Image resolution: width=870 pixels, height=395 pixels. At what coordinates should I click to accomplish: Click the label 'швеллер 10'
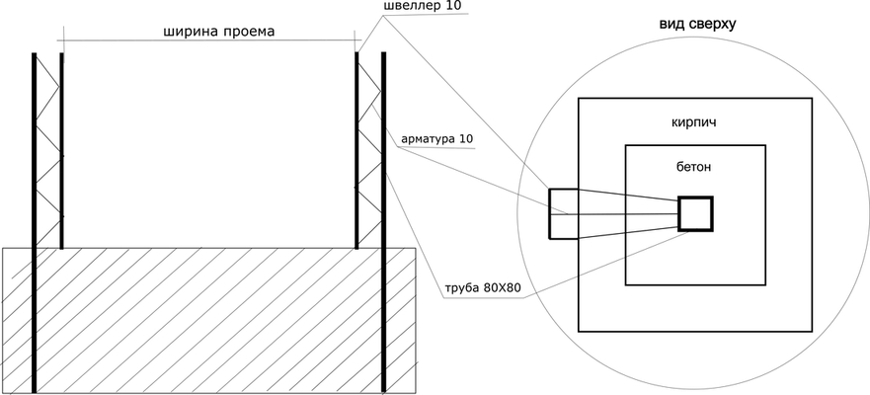click(423, 6)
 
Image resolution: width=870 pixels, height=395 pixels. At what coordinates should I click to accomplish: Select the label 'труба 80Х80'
click(482, 288)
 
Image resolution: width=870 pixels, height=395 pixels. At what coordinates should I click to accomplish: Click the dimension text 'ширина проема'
click(218, 32)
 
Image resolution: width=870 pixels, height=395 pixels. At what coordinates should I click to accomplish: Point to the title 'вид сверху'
click(697, 25)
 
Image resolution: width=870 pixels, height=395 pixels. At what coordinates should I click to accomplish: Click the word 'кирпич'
click(693, 122)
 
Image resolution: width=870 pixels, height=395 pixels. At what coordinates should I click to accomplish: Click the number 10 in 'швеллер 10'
click(452, 6)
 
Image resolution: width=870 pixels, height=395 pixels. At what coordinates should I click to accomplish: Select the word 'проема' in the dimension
click(249, 32)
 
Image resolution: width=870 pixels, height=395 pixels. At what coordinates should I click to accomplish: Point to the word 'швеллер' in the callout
click(412, 7)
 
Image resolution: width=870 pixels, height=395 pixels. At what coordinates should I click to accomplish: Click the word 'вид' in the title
click(671, 25)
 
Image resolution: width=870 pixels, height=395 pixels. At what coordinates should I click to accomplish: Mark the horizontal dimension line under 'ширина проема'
click(209, 40)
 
